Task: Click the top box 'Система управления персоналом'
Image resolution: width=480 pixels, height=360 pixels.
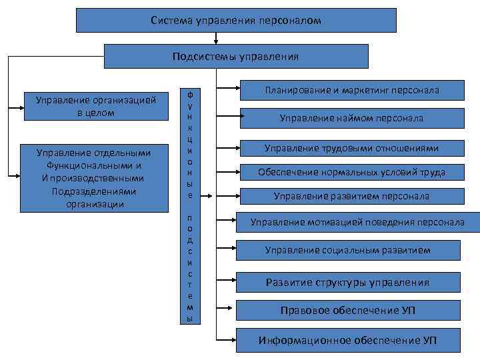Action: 236,21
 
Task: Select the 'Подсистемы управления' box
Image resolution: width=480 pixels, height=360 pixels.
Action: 236,57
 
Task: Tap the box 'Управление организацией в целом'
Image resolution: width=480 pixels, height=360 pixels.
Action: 96,106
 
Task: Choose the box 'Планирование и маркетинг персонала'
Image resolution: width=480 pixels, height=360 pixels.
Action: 352,89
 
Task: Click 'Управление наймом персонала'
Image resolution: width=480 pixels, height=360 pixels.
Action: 351,118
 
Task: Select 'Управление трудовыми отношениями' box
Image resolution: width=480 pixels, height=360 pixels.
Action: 351,148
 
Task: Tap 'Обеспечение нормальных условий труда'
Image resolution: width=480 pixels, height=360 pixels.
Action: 351,172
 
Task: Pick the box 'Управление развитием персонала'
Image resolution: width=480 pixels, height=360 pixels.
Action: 351,196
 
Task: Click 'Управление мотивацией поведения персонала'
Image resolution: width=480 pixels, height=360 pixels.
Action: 357,222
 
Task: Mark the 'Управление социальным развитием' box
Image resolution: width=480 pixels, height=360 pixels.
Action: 347,250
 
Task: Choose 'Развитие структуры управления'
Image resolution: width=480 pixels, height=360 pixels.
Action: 347,282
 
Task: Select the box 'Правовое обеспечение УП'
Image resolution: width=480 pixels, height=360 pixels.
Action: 347,311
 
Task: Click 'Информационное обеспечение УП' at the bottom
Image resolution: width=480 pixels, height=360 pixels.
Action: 347,340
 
